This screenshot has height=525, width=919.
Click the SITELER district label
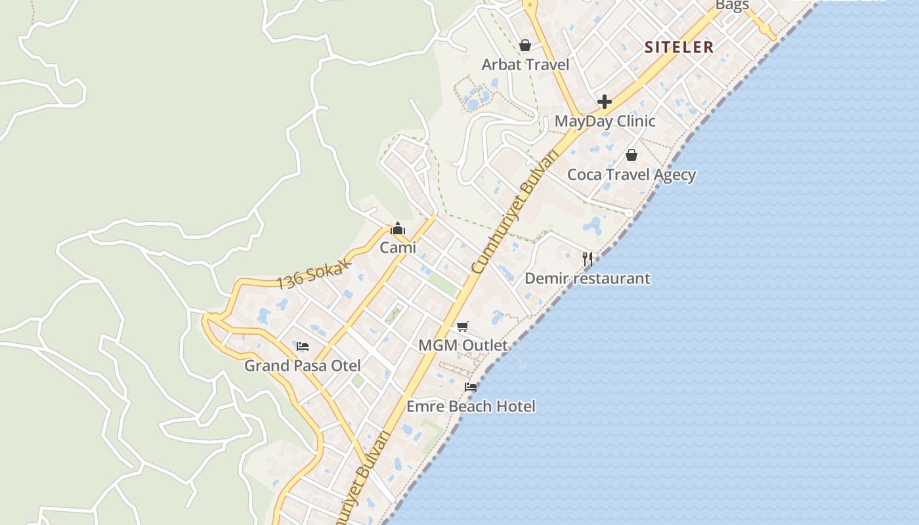point(679,47)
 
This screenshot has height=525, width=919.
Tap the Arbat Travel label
point(525,64)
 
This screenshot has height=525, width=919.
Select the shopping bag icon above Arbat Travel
point(525,45)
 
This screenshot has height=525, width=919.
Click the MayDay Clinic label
point(605,121)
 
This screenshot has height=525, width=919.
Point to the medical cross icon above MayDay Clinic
point(605,102)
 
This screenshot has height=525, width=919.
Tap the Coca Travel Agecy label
point(631,175)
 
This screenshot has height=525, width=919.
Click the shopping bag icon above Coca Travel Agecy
point(631,155)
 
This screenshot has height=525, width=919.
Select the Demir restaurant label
point(588,278)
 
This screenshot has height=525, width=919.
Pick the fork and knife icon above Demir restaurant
point(588,259)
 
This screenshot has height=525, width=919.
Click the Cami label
point(398,248)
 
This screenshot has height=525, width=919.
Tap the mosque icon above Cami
point(398,229)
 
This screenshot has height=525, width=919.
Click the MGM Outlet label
point(463,345)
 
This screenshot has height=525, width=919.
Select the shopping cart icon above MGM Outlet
point(463,326)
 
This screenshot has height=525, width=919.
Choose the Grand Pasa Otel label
point(303,366)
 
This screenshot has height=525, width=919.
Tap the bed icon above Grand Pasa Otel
point(303,346)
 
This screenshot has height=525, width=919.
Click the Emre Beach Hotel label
point(471,406)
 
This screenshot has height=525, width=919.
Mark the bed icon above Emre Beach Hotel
point(471,387)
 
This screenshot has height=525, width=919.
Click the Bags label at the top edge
point(732,5)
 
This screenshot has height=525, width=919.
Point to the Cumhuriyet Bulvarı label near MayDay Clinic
point(517,211)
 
